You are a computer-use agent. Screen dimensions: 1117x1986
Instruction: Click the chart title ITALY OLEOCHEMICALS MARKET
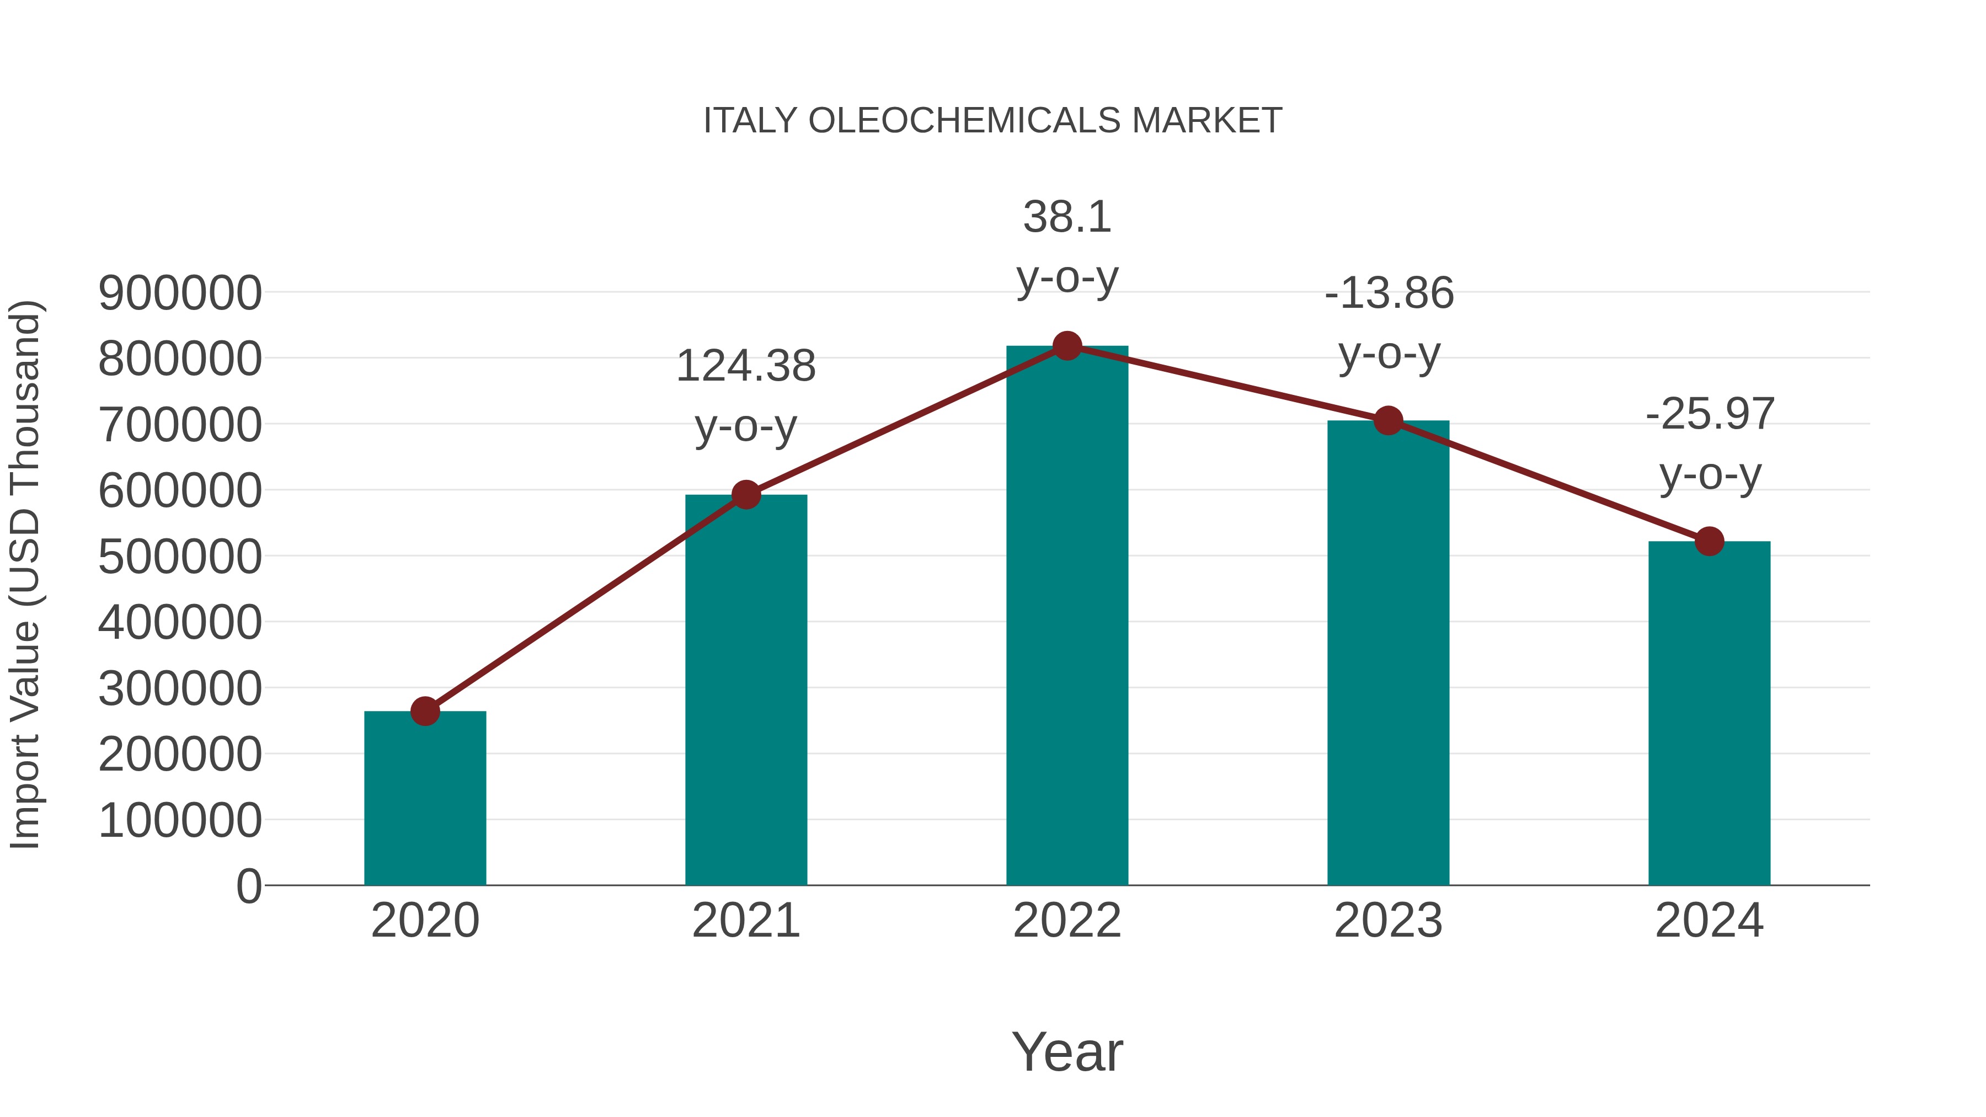pos(992,121)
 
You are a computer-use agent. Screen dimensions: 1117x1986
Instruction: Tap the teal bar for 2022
pos(1067,617)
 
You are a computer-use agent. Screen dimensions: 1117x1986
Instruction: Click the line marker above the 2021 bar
pos(745,494)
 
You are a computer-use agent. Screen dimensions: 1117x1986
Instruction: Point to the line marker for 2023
pos(1388,421)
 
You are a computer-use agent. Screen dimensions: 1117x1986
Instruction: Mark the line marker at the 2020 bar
pos(425,711)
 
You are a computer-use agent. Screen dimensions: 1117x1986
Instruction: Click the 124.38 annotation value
pos(745,366)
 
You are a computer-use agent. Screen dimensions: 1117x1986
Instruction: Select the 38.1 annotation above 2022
pos(1067,217)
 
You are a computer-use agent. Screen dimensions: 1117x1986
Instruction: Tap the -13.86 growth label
pos(1389,293)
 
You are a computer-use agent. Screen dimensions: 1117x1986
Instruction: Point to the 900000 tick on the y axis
pos(180,293)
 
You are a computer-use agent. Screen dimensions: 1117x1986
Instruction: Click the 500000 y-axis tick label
pos(180,557)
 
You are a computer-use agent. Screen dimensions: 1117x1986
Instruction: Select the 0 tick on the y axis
pos(249,886)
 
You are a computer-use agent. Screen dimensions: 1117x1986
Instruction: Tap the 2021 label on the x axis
pos(745,921)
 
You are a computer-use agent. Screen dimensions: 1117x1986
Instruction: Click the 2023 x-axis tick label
pos(1388,921)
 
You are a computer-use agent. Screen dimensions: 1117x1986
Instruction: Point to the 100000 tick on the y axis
pos(180,821)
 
